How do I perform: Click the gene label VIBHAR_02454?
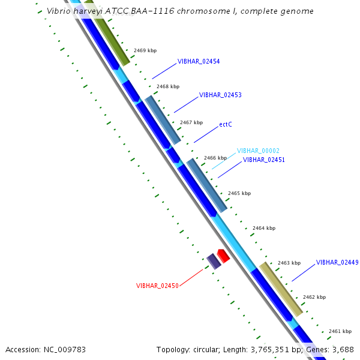click(199, 61)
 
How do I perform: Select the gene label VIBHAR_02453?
click(220, 95)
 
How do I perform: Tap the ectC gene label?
click(226, 124)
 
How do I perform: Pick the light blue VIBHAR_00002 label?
click(258, 151)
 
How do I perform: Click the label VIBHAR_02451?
click(264, 160)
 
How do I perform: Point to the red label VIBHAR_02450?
click(157, 286)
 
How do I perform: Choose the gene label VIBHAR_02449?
click(337, 262)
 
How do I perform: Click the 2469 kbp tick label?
click(145, 50)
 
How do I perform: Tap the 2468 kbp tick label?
click(168, 86)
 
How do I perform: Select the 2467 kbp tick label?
click(191, 122)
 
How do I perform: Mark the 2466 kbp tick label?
click(215, 158)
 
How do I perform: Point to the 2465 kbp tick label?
click(239, 193)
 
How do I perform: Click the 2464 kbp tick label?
click(264, 228)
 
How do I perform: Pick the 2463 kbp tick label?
click(289, 263)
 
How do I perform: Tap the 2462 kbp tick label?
click(314, 297)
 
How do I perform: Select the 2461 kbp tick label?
click(340, 331)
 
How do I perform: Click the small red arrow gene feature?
click(223, 256)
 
